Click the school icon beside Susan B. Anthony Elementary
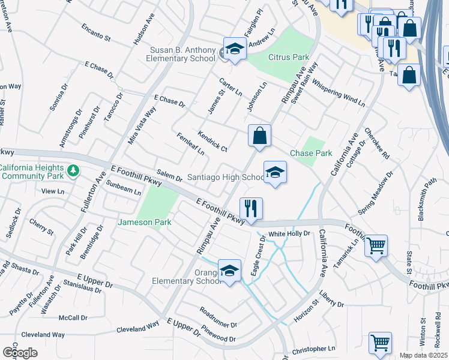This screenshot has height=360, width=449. (x=235, y=49)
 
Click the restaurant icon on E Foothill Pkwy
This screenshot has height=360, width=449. (x=251, y=208)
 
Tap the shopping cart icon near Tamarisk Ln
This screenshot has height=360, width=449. (x=376, y=245)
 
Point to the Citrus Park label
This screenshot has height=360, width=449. (x=288, y=58)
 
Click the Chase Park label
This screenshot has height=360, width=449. (x=311, y=154)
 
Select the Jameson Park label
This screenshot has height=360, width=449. (x=153, y=223)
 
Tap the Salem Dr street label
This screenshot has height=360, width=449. (x=169, y=175)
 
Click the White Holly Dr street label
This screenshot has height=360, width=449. (x=289, y=233)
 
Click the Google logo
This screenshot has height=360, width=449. (x=20, y=352)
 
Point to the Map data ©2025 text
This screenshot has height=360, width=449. (x=423, y=355)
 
